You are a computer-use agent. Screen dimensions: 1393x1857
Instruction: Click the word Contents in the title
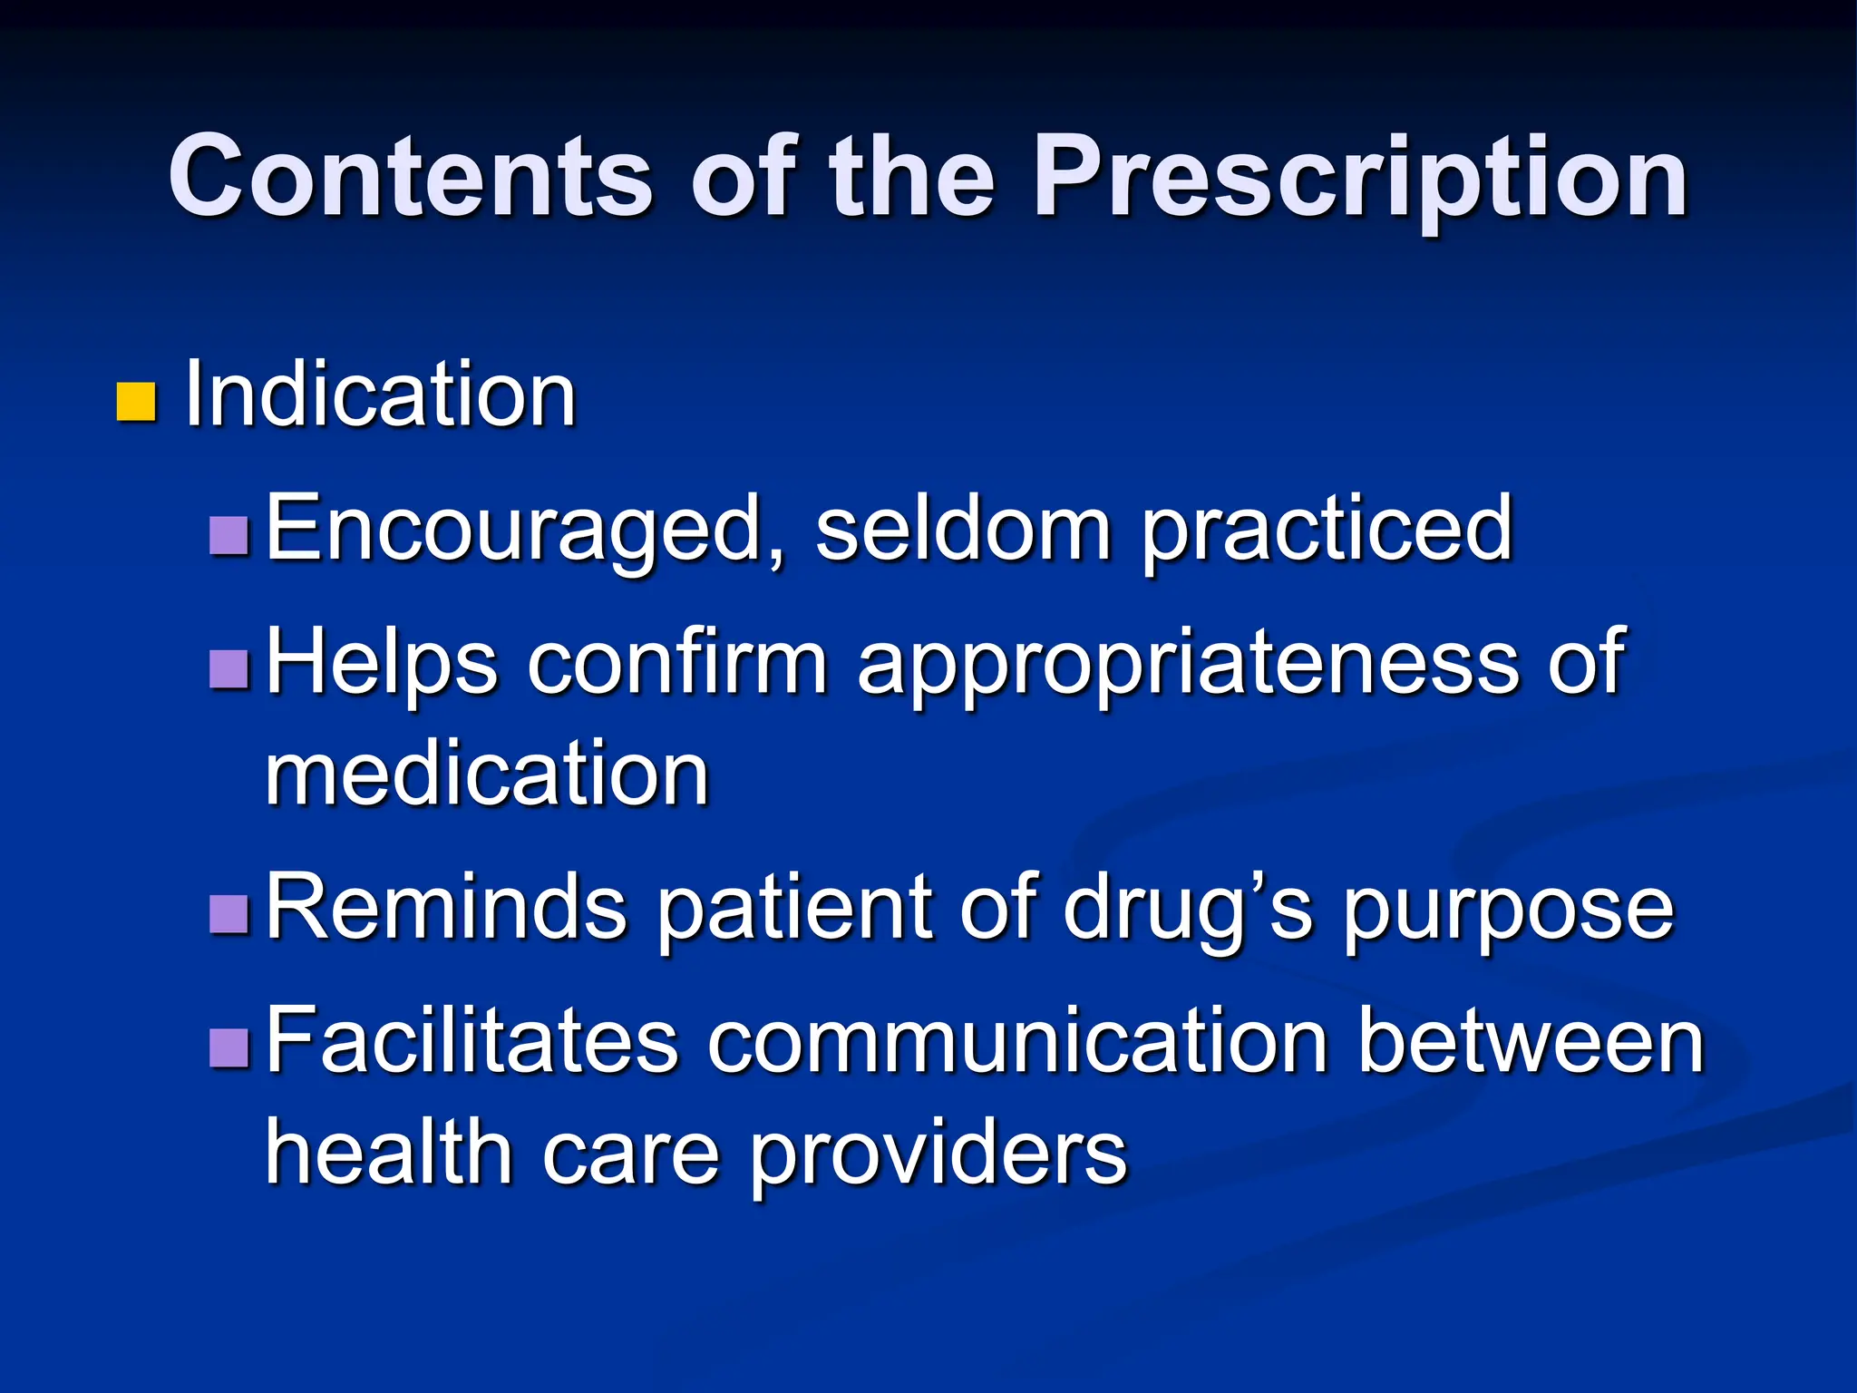pyautogui.click(x=410, y=176)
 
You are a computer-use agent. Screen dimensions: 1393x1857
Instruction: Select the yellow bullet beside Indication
pyautogui.click(x=136, y=402)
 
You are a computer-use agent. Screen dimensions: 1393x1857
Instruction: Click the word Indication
pyautogui.click(x=380, y=395)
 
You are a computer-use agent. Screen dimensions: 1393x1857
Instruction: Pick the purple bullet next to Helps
pyautogui.click(x=228, y=669)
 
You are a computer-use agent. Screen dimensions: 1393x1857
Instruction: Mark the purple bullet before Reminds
pyautogui.click(x=228, y=914)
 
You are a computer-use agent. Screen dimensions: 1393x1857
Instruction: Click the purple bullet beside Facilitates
pyautogui.click(x=228, y=1047)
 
